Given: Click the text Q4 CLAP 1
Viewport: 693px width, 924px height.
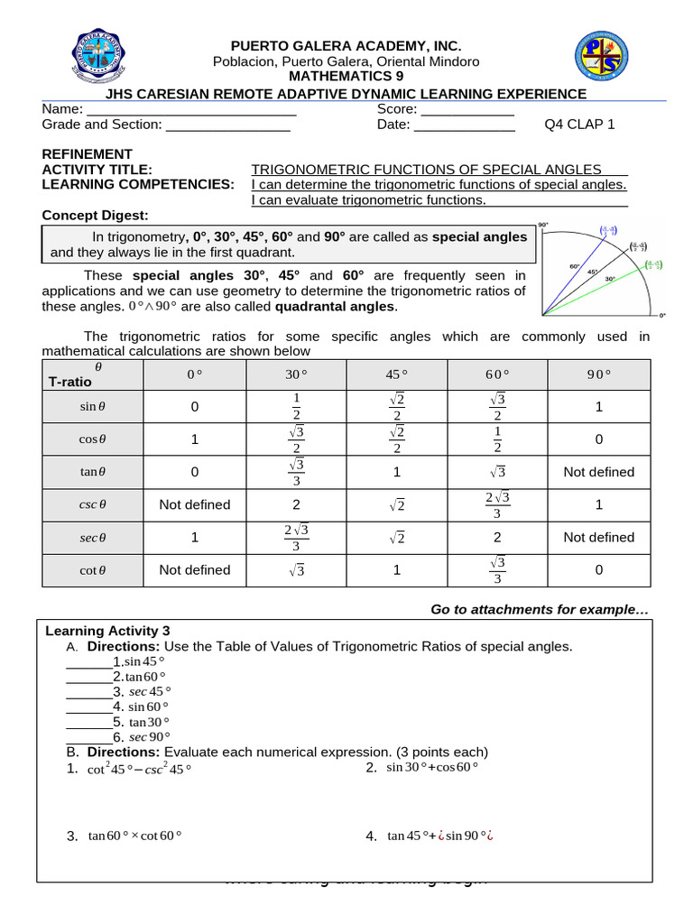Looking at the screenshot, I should pos(579,125).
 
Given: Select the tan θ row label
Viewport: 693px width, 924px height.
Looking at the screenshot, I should pos(91,472).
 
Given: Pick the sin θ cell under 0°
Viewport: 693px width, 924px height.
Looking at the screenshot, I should pos(194,408).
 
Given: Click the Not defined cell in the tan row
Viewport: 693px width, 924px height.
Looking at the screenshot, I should pos(598,472).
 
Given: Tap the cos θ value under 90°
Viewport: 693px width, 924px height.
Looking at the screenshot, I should pos(598,440).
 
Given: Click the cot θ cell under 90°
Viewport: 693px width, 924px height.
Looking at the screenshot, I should pos(598,569).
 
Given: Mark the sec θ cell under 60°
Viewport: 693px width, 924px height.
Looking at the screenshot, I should pos(498,537).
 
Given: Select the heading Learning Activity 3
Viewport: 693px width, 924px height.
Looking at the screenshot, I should pos(107,631).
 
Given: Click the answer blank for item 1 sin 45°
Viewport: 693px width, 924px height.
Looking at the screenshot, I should pos(88,662).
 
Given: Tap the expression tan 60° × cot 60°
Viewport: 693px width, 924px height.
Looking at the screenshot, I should pos(134,836).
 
